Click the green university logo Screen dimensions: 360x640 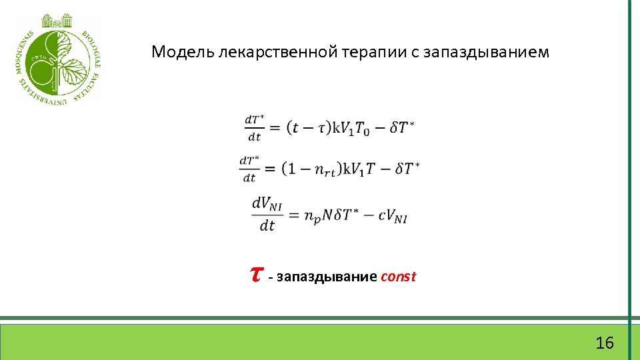58,59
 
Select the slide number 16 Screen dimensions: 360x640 605,343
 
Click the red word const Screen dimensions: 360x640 398,277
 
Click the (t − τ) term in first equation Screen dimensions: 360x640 307,128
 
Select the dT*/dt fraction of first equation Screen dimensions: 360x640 254,128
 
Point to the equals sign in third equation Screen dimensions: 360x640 294,215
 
